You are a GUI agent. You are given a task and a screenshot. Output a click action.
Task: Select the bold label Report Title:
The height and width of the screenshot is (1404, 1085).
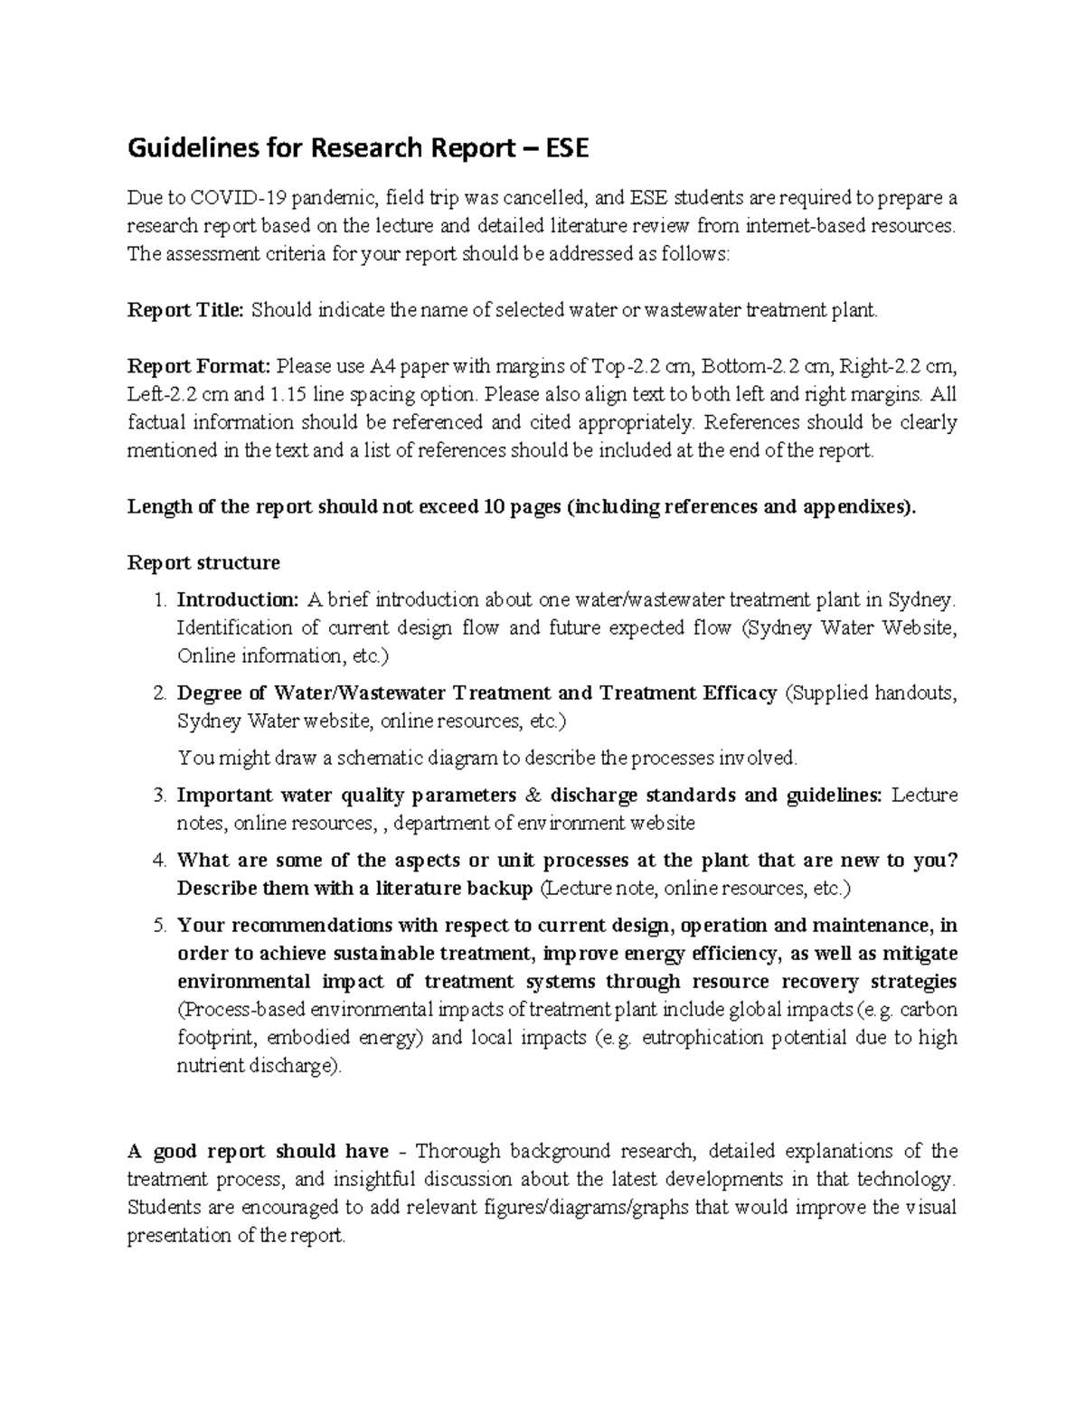tap(185, 310)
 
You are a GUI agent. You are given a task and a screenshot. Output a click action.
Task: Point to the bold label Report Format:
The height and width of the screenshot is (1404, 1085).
tap(199, 366)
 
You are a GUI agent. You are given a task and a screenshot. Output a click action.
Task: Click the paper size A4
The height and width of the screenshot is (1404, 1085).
tap(382, 366)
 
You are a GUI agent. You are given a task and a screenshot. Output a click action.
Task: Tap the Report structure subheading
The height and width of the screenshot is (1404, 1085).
tap(203, 562)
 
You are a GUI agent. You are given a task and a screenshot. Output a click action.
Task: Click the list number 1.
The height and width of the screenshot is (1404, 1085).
tap(159, 600)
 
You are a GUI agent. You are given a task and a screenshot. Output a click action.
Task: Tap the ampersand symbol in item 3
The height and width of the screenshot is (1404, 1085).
tap(532, 796)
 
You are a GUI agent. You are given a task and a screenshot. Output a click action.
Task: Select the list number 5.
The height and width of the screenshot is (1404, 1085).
tap(159, 926)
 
